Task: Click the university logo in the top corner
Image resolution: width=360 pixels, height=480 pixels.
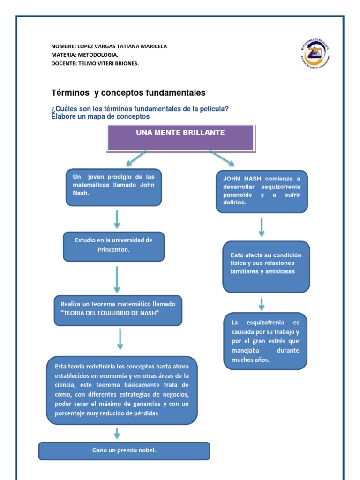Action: tap(315, 53)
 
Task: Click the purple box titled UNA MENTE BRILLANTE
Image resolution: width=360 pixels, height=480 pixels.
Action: tap(181, 138)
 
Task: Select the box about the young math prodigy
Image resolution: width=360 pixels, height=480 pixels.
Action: tap(114, 187)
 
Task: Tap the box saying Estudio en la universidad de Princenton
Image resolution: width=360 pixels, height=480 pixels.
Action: tap(114, 246)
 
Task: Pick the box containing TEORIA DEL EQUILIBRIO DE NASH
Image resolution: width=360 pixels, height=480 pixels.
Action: tap(118, 310)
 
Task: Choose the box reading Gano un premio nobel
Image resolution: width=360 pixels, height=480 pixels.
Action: tap(124, 451)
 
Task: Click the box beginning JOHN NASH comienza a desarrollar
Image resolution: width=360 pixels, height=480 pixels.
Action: tap(262, 191)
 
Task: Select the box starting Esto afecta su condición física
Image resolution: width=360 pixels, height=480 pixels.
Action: tap(266, 266)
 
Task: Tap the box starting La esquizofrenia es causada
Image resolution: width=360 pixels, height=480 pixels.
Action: tap(265, 341)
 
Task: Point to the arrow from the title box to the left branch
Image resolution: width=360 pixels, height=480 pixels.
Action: tap(136, 158)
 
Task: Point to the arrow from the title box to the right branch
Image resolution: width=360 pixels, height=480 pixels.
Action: tap(222, 158)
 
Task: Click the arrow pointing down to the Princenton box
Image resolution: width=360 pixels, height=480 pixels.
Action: tap(117, 218)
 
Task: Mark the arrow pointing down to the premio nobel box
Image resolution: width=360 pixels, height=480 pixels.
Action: tap(117, 433)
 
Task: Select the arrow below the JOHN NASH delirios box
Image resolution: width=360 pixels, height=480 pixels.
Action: tap(262, 227)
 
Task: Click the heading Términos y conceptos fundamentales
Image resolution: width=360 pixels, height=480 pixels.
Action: tap(128, 92)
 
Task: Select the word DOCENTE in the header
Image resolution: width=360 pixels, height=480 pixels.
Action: tap(62, 63)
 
